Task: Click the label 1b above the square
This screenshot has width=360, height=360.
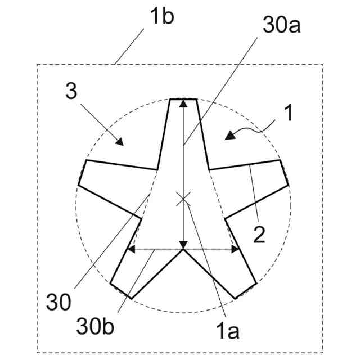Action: click(161, 16)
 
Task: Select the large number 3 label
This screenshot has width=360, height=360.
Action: click(71, 92)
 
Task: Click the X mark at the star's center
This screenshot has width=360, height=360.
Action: click(183, 198)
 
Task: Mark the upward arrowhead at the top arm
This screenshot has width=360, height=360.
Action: click(183, 103)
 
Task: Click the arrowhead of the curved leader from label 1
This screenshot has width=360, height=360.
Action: click(228, 136)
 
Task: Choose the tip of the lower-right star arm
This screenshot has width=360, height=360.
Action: click(246, 290)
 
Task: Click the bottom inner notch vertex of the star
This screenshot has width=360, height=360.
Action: click(183, 250)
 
